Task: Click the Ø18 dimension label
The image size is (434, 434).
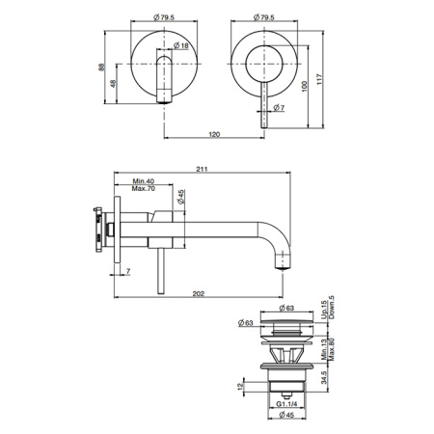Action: tap(181, 45)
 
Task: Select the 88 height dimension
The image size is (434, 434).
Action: tap(101, 68)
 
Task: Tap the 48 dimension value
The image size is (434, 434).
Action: tap(113, 84)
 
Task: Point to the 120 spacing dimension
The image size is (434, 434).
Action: tap(214, 134)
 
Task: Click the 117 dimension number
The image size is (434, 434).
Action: tap(319, 79)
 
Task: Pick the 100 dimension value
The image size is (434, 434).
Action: tap(305, 86)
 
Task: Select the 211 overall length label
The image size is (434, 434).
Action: tap(203, 169)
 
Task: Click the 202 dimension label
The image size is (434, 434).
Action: tap(199, 293)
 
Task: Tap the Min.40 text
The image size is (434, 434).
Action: tap(144, 181)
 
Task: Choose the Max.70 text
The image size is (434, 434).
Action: tap(144, 188)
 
